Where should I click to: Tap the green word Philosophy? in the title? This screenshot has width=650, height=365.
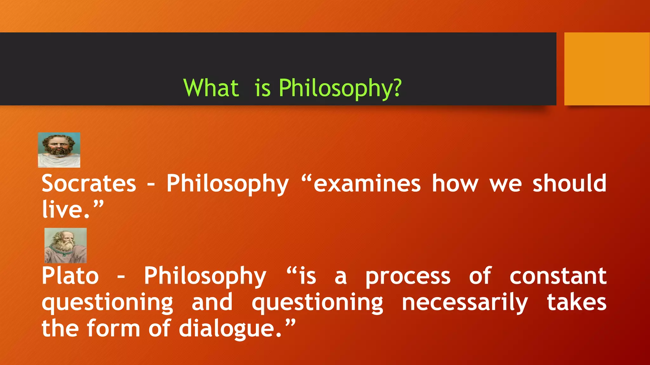pos(340,88)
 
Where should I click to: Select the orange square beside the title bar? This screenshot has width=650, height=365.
pos(607,69)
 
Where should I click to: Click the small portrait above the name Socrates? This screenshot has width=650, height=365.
pos(59,150)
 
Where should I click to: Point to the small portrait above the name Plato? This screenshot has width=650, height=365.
pos(66,246)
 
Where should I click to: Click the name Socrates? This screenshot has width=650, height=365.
pos(89,183)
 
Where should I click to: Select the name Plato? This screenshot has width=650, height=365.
pos(70,276)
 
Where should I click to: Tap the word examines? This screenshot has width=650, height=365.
pos(367,183)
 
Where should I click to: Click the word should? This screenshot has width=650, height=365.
pos(569,183)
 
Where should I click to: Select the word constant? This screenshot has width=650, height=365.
pos(558,276)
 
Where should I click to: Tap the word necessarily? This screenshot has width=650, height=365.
pos(465,303)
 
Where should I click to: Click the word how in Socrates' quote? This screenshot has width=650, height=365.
pos(455,183)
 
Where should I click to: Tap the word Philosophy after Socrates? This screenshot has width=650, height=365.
pos(228,184)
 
